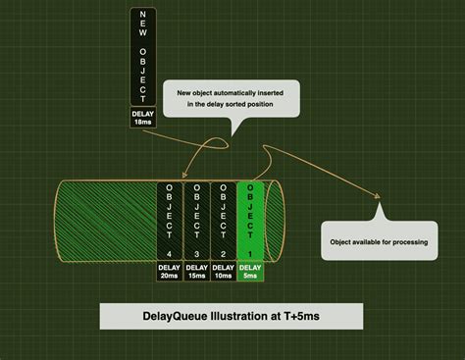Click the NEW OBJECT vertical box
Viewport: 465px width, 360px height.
(x=142, y=56)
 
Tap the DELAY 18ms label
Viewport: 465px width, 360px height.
(x=142, y=118)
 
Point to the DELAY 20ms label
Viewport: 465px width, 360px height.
(x=170, y=272)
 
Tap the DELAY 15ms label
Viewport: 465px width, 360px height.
(x=196, y=272)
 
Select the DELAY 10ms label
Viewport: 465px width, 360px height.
(x=224, y=272)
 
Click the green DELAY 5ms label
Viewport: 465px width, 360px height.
(x=250, y=272)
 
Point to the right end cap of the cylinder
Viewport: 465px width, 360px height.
(x=276, y=222)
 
